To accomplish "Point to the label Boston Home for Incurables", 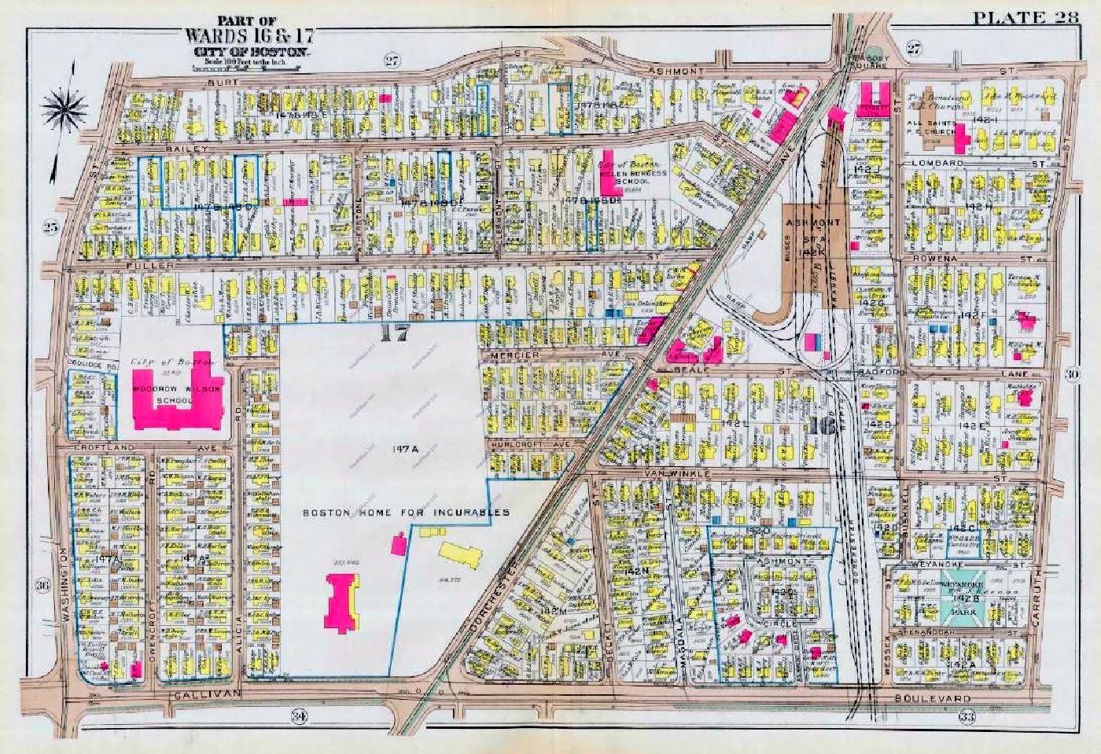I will (407, 513).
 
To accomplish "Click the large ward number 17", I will (394, 333).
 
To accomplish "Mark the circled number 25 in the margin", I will (52, 227).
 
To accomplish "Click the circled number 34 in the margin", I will (298, 715).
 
